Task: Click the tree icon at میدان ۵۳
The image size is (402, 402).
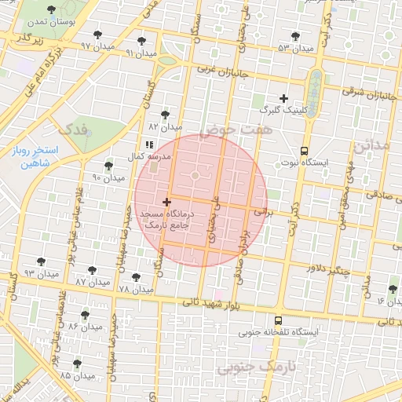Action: pyautogui.click(x=295, y=36)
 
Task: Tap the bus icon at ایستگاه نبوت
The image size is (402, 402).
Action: pyautogui.click(x=304, y=151)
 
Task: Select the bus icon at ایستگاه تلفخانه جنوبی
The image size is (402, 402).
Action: pyautogui.click(x=278, y=320)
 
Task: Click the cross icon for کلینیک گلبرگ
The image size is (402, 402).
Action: pyautogui.click(x=284, y=99)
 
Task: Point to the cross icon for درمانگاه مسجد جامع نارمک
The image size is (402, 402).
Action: pyautogui.click(x=166, y=203)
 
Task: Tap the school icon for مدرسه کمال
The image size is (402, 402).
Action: pyautogui.click(x=149, y=145)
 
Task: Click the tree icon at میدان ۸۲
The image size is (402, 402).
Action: pyautogui.click(x=164, y=114)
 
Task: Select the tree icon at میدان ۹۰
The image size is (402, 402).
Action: pyautogui.click(x=108, y=166)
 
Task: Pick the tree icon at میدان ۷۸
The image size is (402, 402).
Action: pyautogui.click(x=134, y=276)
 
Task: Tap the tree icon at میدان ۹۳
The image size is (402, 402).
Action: pyautogui.click(x=41, y=261)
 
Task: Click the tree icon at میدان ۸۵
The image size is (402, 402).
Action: pyautogui.click(x=76, y=364)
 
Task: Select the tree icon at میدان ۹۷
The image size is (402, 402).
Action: pyautogui.click(x=97, y=35)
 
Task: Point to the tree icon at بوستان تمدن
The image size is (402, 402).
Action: pyautogui.click(x=51, y=10)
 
